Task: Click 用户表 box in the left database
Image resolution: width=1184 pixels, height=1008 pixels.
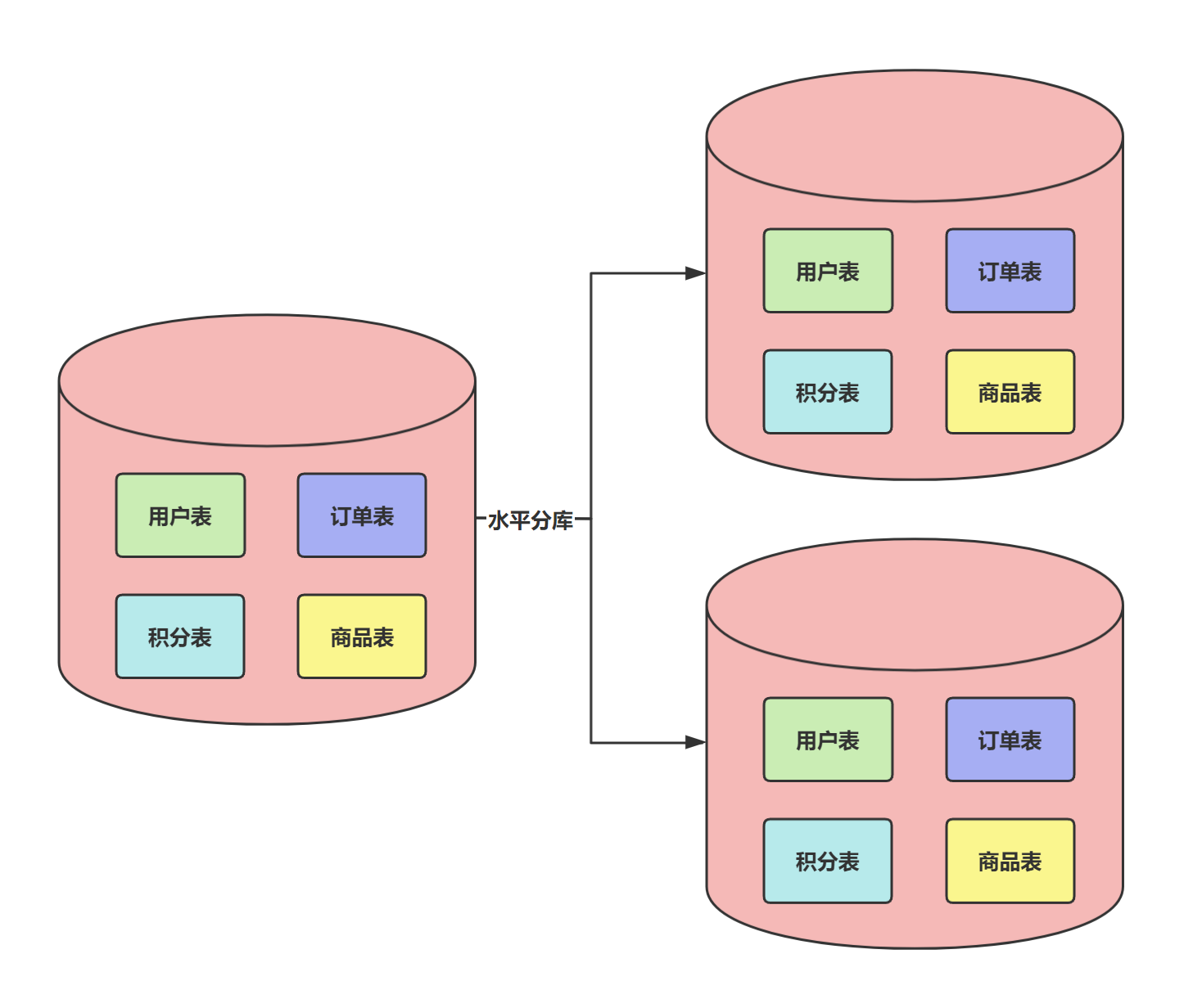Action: click(180, 515)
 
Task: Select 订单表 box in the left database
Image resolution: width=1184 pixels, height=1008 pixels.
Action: click(362, 515)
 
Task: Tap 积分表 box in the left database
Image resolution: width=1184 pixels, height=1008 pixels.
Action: click(180, 637)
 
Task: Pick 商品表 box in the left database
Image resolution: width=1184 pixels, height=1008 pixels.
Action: click(362, 637)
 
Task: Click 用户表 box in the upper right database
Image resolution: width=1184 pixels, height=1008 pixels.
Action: click(828, 271)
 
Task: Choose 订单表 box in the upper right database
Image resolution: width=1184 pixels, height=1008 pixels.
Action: click(1010, 271)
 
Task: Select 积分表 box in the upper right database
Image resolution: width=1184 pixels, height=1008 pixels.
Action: click(828, 392)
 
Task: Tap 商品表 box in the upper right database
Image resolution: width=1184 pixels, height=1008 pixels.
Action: click(1010, 392)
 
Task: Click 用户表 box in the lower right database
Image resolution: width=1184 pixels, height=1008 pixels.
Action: click(828, 740)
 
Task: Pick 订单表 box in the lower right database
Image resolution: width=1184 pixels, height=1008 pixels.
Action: click(1010, 740)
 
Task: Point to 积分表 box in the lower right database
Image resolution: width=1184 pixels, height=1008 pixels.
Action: click(828, 861)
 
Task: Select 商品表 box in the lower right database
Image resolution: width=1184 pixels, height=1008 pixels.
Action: click(1010, 861)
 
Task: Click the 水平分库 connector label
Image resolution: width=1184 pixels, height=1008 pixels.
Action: click(531, 520)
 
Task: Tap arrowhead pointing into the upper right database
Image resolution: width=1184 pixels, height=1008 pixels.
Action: click(695, 273)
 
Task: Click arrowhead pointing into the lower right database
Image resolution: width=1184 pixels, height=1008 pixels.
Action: click(695, 742)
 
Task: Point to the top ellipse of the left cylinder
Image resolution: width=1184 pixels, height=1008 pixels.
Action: click(267, 380)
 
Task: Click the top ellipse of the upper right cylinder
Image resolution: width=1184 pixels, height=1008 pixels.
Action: click(915, 136)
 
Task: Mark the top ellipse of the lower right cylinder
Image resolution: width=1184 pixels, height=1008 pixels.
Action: click(915, 605)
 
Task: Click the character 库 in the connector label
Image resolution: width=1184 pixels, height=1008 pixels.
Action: click(563, 520)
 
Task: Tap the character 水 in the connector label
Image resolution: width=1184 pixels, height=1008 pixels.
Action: click(499, 520)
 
